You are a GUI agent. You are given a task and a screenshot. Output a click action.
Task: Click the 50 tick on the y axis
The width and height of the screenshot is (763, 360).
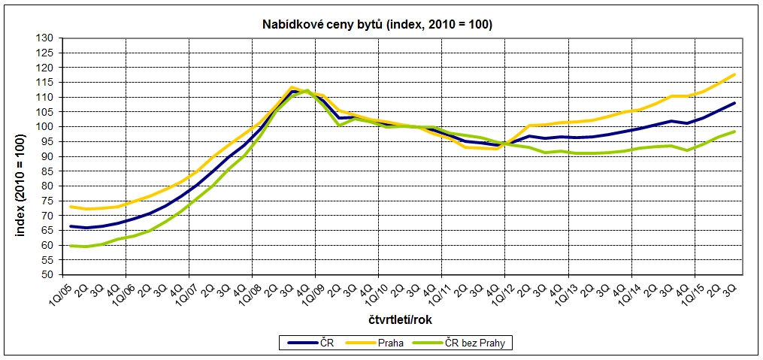(47, 274)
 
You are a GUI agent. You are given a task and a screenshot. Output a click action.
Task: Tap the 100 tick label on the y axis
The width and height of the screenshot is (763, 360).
(45, 126)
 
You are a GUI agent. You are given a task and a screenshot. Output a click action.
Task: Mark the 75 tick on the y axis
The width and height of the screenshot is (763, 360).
(47, 201)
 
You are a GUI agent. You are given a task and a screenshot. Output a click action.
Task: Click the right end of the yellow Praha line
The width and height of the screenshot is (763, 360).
(734, 74)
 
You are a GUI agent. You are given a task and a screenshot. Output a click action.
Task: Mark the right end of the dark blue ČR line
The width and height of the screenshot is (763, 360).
(734, 103)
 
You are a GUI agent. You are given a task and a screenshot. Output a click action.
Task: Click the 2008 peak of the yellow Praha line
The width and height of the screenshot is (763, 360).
(291, 87)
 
